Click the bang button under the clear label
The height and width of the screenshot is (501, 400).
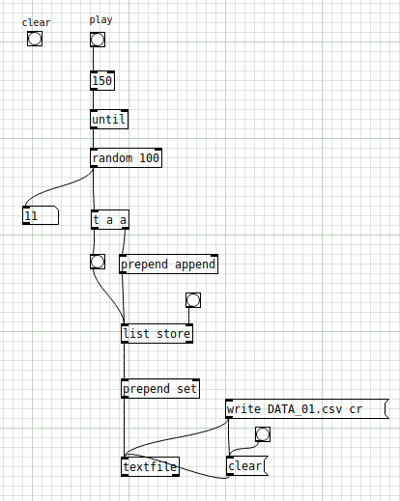(x=35, y=39)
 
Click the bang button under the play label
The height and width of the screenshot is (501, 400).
(x=98, y=40)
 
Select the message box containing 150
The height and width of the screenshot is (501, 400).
(x=102, y=80)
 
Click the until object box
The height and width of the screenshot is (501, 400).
(x=109, y=120)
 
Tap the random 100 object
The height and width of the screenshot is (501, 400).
(x=126, y=158)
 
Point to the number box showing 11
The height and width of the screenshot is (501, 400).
(x=41, y=215)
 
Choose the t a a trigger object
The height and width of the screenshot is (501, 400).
(x=110, y=220)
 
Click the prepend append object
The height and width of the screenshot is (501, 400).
(x=168, y=264)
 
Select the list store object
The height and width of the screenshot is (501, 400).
(x=157, y=334)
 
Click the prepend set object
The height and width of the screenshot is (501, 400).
(x=160, y=389)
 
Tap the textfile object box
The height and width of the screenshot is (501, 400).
(x=150, y=466)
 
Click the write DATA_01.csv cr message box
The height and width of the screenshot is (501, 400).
(x=307, y=409)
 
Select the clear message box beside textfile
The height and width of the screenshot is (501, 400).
(x=246, y=465)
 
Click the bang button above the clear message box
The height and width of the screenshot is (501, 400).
(x=263, y=434)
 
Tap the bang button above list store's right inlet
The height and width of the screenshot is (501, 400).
(x=193, y=300)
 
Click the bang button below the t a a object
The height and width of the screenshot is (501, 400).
(x=98, y=262)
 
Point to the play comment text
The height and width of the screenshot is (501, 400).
(x=100, y=20)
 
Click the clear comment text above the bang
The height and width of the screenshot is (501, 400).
(x=36, y=22)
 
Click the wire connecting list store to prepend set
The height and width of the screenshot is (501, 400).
(x=125, y=361)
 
